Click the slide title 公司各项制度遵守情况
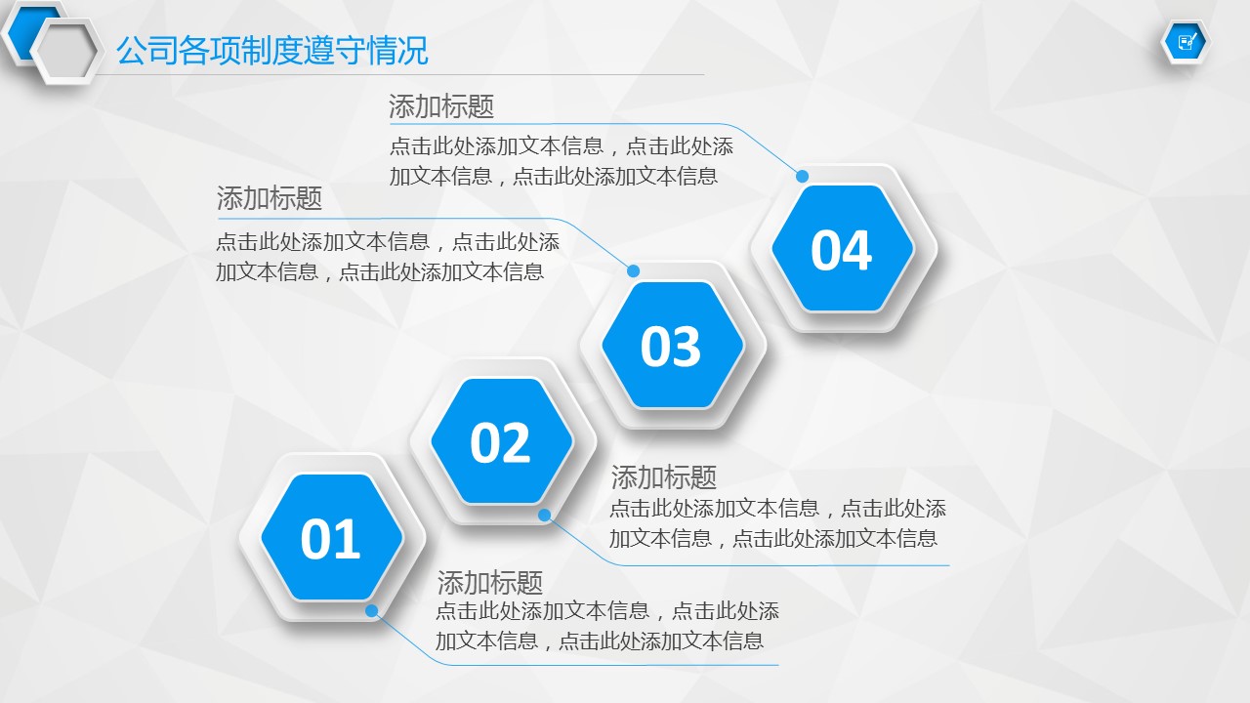[271, 51]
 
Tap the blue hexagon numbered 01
[331, 537]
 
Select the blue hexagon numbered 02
[501, 441]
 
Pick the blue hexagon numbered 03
[672, 345]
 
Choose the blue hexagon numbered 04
[842, 248]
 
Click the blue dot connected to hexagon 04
[802, 177]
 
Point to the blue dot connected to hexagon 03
[633, 271]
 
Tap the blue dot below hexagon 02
[545, 515]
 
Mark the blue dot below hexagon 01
[372, 611]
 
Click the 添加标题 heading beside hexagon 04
[441, 106]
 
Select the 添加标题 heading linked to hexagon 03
[270, 197]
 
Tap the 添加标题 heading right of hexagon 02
[663, 477]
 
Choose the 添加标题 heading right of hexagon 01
[490, 583]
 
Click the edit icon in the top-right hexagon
[1186, 42]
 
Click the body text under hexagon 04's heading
[562, 161]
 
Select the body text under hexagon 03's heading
[388, 257]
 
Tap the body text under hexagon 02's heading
[778, 523]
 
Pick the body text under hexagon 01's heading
[607, 626]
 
